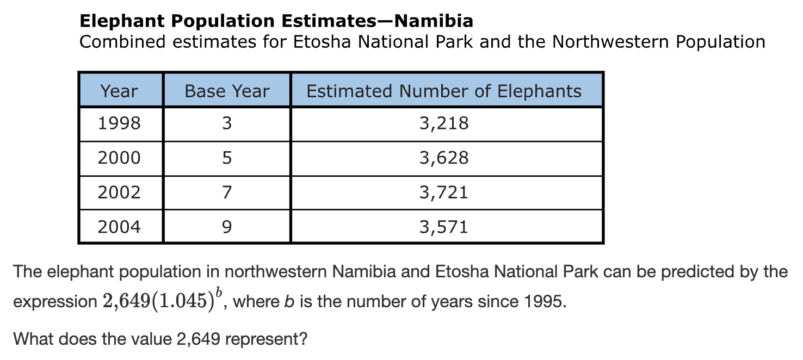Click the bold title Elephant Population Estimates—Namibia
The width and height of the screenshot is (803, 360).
click(276, 21)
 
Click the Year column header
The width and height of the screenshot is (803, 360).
click(119, 91)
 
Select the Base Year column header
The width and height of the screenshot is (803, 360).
click(227, 91)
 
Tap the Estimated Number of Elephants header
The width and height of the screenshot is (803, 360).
click(444, 91)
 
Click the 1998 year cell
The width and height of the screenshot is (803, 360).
click(119, 123)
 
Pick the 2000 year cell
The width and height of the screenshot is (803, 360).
click(119, 158)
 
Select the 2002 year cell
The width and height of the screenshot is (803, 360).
click(119, 192)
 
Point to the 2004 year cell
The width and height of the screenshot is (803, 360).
click(119, 226)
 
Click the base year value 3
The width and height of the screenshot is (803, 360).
click(227, 123)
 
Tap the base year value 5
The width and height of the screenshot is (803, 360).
click(227, 158)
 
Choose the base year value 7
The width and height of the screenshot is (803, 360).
click(227, 192)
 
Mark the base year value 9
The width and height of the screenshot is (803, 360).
click(227, 226)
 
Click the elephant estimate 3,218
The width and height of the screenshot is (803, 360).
click(444, 123)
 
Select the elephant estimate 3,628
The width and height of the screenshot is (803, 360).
click(444, 158)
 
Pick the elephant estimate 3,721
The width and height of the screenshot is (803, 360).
click(444, 192)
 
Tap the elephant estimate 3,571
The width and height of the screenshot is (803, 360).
click(444, 226)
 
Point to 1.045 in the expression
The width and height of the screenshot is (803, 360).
click(183, 301)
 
